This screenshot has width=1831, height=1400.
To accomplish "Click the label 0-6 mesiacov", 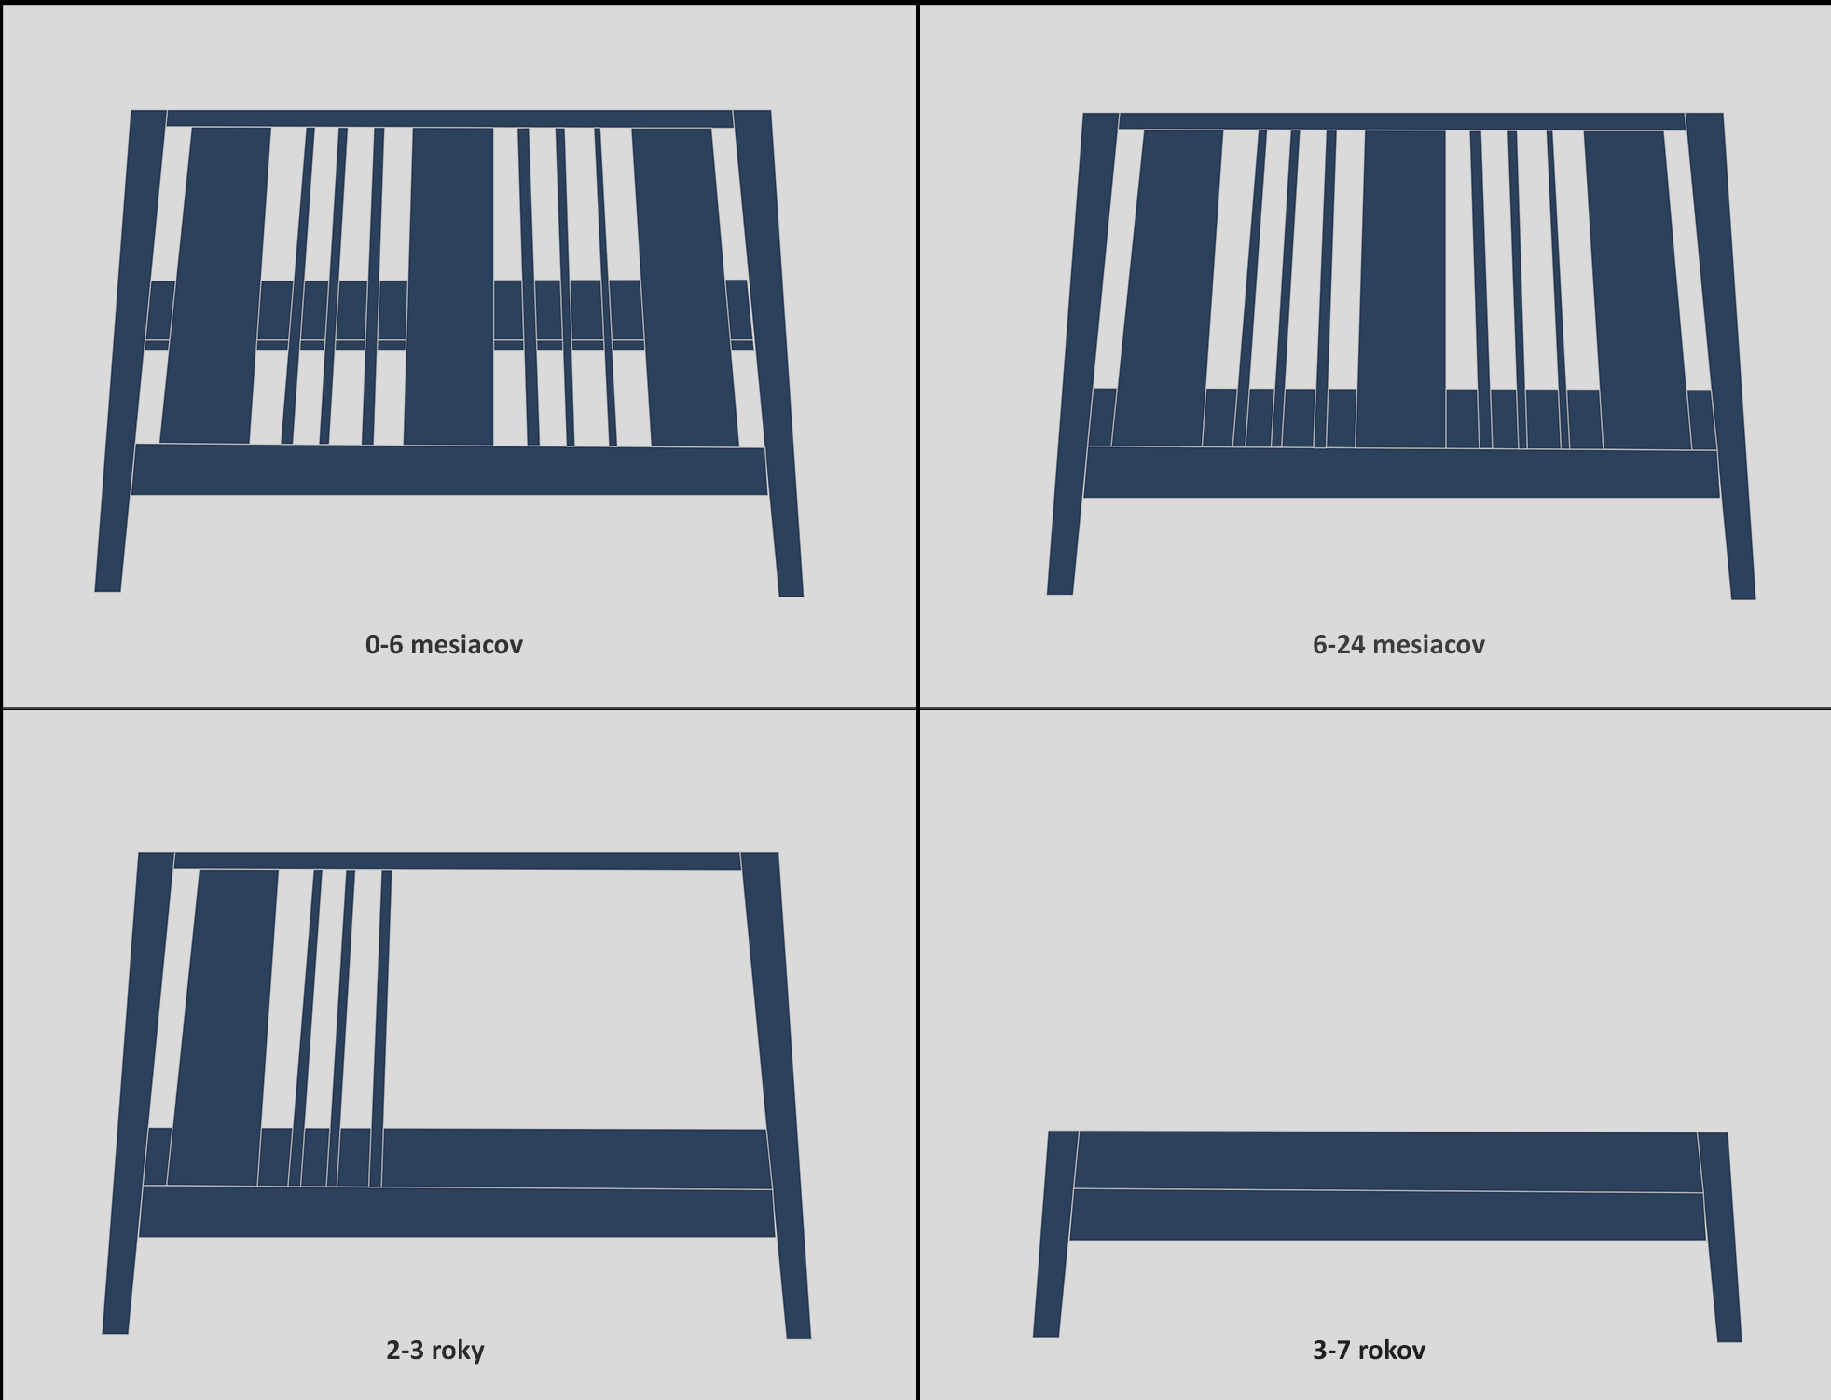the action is pyautogui.click(x=444, y=644).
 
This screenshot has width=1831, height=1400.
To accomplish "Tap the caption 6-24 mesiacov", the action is pyautogui.click(x=1398, y=644).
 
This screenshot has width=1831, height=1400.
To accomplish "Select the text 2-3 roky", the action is pyautogui.click(x=435, y=1350).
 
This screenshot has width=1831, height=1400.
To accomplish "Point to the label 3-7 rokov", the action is pyautogui.click(x=1369, y=1350).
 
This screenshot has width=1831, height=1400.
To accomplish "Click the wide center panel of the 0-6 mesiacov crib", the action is pyautogui.click(x=449, y=286).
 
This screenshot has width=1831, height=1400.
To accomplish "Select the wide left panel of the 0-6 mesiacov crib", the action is pyautogui.click(x=216, y=285).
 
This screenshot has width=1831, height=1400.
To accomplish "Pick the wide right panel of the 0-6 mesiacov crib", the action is pyautogui.click(x=684, y=287).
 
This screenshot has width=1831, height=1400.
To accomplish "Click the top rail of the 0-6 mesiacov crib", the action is pyautogui.click(x=449, y=118).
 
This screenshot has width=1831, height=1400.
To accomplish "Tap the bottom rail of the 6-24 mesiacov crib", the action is pyautogui.click(x=1401, y=473).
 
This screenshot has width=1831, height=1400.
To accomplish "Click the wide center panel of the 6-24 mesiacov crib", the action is pyautogui.click(x=1402, y=289).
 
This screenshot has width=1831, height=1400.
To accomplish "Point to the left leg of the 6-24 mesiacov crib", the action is pyautogui.click(x=1081, y=353).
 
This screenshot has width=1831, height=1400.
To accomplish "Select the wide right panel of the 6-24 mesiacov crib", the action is pyautogui.click(x=1637, y=290).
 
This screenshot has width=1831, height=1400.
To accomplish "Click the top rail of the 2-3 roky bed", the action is pyautogui.click(x=457, y=860).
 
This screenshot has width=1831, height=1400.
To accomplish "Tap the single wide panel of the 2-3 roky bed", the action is pyautogui.click(x=224, y=1027).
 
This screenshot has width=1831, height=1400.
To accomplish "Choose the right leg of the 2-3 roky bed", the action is pyautogui.click(x=777, y=1095).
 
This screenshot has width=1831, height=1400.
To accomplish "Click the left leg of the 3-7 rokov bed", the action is pyautogui.click(x=1055, y=1234).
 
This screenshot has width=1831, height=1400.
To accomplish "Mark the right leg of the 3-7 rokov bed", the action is pyautogui.click(x=1720, y=1238).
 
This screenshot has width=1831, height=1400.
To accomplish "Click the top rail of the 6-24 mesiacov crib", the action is pyautogui.click(x=1402, y=121).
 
